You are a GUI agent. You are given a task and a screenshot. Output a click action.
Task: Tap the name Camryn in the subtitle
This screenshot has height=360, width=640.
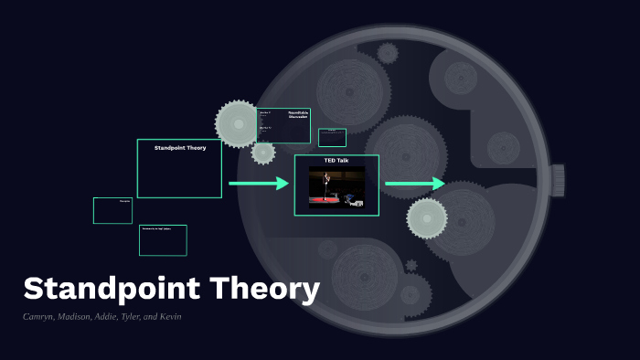click(41, 316)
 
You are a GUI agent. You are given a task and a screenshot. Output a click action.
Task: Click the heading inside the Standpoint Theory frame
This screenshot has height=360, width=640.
click(179, 147)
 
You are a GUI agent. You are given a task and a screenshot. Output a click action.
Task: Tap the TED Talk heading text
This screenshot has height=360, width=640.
click(336, 161)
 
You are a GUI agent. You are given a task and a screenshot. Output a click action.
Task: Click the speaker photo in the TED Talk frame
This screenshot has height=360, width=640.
click(336, 187)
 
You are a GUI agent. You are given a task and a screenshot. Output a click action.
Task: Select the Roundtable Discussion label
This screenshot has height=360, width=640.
click(297, 115)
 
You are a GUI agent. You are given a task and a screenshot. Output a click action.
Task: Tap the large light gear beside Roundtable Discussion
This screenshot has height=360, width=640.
click(238, 123)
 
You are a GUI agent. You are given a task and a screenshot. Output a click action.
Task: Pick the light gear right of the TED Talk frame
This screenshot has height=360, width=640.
click(427, 218)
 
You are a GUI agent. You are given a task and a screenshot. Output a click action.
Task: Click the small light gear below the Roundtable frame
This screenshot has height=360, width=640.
click(263, 153)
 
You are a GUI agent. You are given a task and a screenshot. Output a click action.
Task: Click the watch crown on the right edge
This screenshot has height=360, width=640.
click(557, 180)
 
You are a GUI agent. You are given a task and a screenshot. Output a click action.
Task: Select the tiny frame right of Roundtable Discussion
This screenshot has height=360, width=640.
click(332, 137)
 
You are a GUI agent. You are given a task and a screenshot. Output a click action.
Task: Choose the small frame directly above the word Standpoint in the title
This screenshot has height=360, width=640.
click(163, 240)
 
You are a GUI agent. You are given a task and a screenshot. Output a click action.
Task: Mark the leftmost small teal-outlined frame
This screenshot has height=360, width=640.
click(112, 210)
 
